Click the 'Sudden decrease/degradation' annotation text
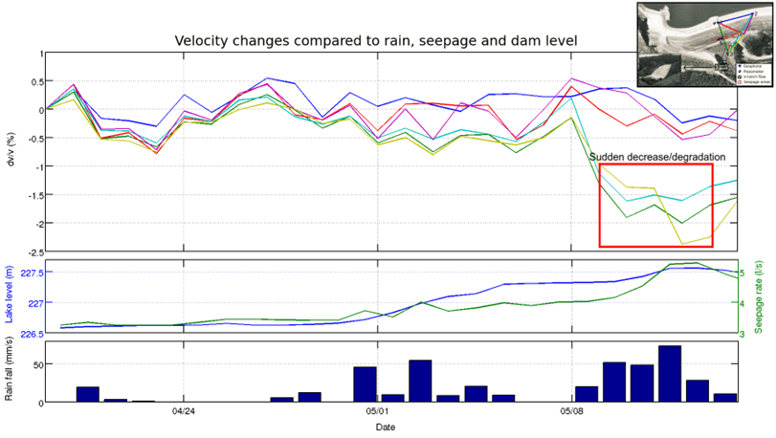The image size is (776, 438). point(656,156)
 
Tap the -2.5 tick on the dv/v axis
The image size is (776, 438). point(32,252)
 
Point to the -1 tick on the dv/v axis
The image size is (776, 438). point(36,166)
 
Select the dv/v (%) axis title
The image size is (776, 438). point(11,152)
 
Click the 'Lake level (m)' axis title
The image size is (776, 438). point(11,296)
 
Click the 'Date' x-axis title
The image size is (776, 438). point(386,427)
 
